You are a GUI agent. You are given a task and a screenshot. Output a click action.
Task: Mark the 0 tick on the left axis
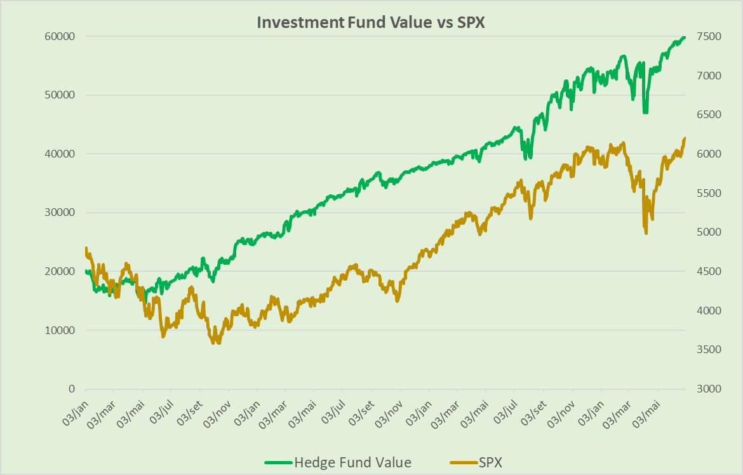(72, 389)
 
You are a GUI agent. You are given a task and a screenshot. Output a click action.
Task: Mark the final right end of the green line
(685, 37)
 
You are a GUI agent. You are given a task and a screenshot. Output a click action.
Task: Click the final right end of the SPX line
(685, 138)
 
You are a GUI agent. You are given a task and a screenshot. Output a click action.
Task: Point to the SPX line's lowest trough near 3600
(218, 342)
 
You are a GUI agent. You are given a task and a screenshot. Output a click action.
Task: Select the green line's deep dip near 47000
(645, 112)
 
